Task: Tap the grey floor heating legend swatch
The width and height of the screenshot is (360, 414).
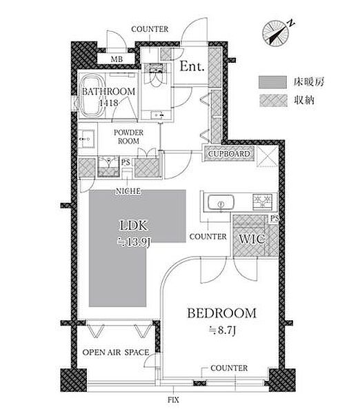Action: click(x=272, y=82)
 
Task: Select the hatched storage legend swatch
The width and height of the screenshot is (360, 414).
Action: click(x=272, y=101)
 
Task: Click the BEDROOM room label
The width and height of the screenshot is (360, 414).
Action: click(x=221, y=313)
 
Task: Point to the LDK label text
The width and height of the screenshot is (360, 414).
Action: click(x=133, y=226)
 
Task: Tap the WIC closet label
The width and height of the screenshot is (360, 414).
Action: click(x=252, y=239)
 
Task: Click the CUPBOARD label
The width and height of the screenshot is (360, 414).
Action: click(x=229, y=154)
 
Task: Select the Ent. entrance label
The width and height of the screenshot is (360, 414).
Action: click(x=192, y=66)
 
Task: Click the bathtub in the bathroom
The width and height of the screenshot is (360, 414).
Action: click(x=92, y=96)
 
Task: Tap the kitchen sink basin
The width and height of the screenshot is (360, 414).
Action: click(x=221, y=203)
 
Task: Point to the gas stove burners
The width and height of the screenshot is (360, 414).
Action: click(x=262, y=201)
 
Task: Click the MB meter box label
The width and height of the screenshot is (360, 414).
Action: click(x=117, y=59)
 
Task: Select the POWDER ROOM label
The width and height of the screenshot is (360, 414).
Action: click(x=128, y=137)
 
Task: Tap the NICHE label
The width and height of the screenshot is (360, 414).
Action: click(x=128, y=191)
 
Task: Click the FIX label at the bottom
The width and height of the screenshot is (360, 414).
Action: click(x=173, y=400)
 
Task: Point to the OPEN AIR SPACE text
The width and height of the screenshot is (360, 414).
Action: click(x=116, y=352)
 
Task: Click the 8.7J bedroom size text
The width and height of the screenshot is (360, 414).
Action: click(x=221, y=330)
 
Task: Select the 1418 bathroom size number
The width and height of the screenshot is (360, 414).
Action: click(x=109, y=102)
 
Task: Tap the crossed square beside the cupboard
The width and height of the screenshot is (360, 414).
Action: click(x=268, y=157)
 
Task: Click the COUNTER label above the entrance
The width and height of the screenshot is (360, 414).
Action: click(x=150, y=29)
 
